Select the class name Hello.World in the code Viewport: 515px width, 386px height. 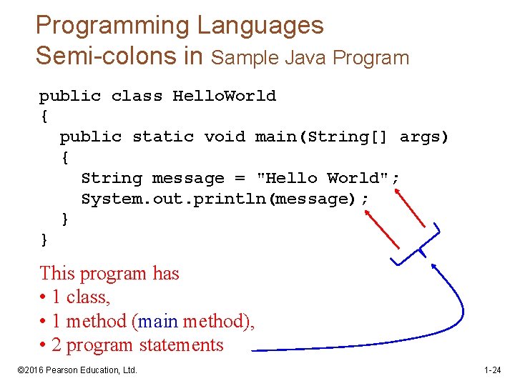pos(224,96)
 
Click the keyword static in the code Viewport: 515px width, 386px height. pos(163,137)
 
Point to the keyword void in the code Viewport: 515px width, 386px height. pos(225,137)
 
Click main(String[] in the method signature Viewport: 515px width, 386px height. pos(321,137)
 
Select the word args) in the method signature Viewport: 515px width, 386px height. pos(424,137)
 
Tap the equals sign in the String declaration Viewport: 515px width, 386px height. pos(240,178)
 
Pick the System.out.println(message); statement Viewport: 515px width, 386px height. pos(225,199)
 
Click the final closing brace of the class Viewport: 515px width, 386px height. pos(45,239)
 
